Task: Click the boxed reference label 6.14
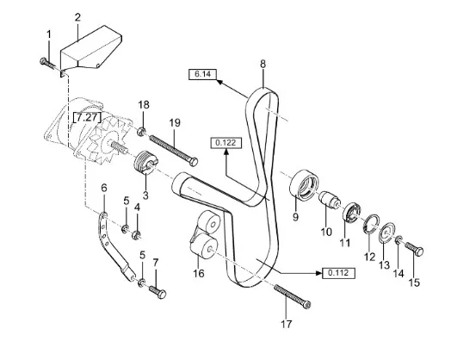[x=202, y=74]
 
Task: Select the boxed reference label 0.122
[x=226, y=143]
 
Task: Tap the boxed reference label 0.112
[x=338, y=273]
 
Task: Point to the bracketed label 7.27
[x=88, y=117]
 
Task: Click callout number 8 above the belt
[x=263, y=64]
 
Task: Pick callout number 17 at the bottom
[x=287, y=324]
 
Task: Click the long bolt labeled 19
[x=174, y=150]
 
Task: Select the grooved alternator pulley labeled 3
[x=145, y=163]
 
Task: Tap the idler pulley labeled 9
[x=304, y=184]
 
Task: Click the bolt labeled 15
[x=414, y=249]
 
